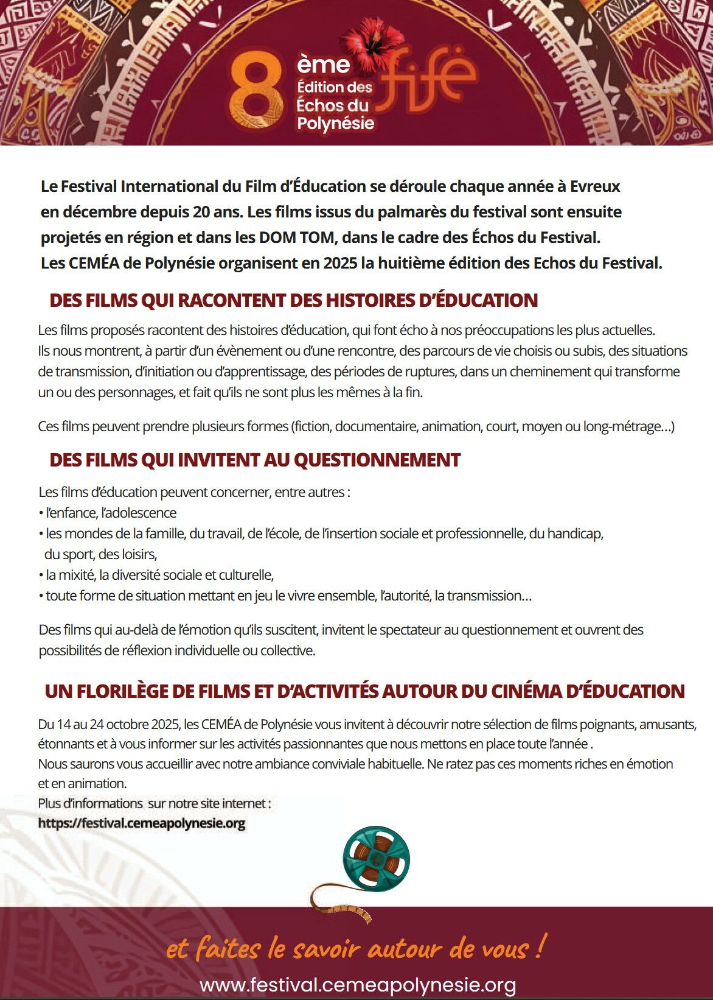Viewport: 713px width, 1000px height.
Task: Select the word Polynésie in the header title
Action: coord(335,123)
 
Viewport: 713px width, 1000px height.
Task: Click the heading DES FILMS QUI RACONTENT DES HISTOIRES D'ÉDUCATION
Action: coord(293,300)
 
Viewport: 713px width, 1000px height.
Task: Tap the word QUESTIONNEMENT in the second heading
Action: coord(377,460)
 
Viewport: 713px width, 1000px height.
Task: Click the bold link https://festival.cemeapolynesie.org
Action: coord(141,823)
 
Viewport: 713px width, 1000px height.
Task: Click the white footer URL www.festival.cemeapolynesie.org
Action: coord(358,984)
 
